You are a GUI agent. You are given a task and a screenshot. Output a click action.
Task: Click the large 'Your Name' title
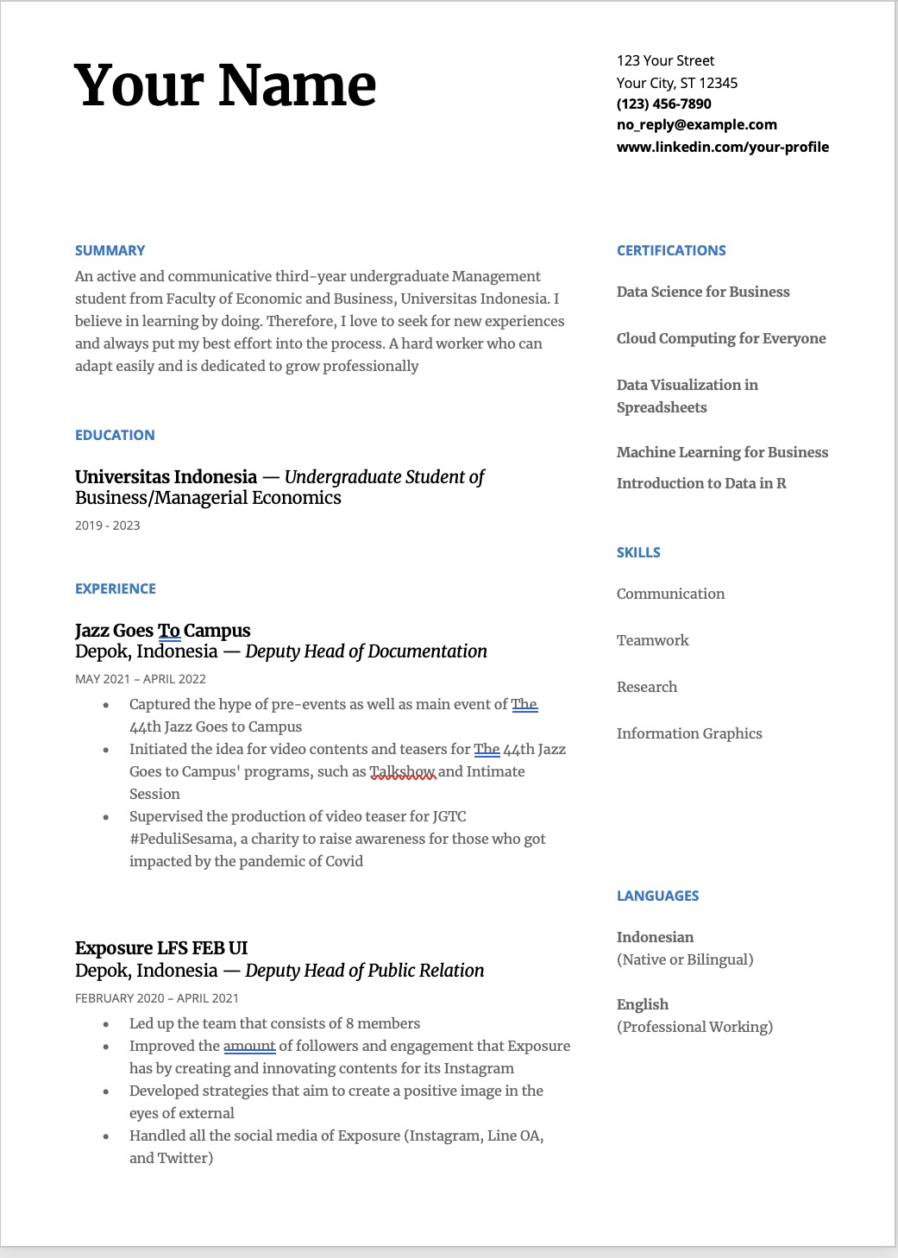tap(225, 85)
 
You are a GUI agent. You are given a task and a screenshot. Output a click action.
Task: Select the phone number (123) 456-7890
tap(663, 104)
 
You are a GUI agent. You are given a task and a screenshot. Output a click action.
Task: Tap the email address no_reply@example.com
tap(696, 124)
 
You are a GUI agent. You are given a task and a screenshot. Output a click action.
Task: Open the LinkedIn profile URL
tap(722, 147)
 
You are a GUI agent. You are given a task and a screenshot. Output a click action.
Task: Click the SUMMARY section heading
tap(110, 250)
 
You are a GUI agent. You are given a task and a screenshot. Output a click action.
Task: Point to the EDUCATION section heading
tap(115, 435)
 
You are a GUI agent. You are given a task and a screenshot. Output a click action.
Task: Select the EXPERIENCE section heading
tap(116, 588)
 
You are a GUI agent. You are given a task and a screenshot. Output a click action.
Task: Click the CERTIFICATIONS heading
tap(671, 250)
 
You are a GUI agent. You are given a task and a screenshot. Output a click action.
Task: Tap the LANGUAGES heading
tap(657, 896)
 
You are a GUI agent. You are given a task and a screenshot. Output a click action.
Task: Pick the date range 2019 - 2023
tap(107, 525)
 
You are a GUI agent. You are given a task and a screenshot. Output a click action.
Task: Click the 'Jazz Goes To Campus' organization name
tap(162, 631)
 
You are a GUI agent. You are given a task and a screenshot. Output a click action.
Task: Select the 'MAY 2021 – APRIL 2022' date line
tap(140, 679)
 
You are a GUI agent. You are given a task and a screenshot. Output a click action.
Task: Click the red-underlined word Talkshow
tap(403, 771)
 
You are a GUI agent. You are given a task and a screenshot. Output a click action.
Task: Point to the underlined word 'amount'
tap(249, 1046)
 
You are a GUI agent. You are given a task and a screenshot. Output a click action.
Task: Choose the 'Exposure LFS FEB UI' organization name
tap(161, 948)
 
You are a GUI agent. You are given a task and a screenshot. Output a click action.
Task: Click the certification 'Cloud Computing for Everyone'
tap(721, 338)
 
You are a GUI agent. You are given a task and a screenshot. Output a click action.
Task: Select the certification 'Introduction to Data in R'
tap(701, 483)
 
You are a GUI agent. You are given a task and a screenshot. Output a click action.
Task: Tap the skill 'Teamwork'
tap(652, 640)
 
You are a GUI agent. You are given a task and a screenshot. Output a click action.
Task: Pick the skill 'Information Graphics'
tap(689, 733)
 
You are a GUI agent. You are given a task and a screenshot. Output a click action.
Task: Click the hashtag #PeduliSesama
tap(181, 839)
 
